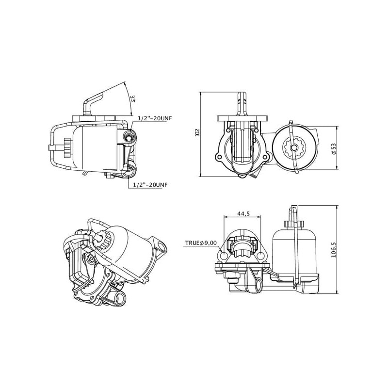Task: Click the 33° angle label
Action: pyautogui.click(x=132, y=98)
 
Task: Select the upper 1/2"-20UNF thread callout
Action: pyautogui.click(x=155, y=118)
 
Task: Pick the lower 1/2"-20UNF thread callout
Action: pyautogui.click(x=150, y=185)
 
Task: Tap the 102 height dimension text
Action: pyautogui.click(x=197, y=132)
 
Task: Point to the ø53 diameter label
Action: pyautogui.click(x=334, y=148)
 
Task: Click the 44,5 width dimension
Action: pyautogui.click(x=243, y=213)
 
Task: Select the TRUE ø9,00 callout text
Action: pyautogui.click(x=201, y=243)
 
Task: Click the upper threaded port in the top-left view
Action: pyautogui.click(x=129, y=136)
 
